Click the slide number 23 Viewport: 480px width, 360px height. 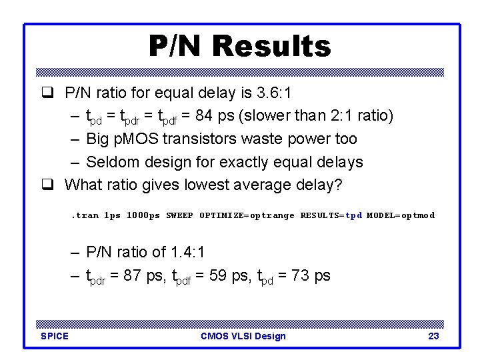tap(433, 336)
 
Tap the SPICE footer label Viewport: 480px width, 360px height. tap(55, 336)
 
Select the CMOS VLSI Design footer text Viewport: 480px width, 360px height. tap(243, 336)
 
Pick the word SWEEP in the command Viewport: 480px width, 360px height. tap(180, 215)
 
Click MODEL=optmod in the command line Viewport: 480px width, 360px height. tap(401, 215)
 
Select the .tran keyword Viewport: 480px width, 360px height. tap(85, 215)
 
